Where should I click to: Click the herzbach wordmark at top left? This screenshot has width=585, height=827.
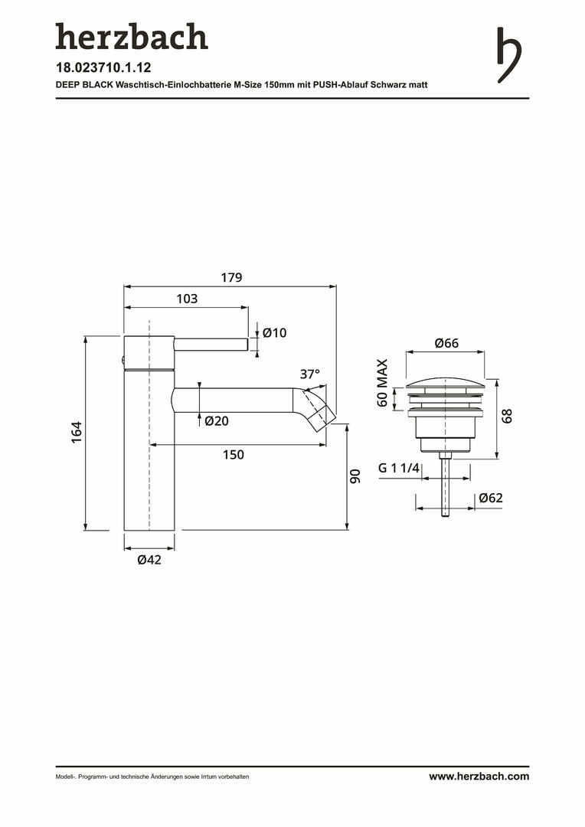[132, 37]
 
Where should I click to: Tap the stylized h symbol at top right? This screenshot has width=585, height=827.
[509, 55]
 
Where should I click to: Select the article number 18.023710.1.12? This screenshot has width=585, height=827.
[103, 67]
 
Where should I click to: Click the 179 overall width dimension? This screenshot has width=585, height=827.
[231, 277]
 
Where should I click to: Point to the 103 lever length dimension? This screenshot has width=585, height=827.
[187, 299]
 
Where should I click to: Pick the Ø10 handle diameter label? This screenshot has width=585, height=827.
[274, 333]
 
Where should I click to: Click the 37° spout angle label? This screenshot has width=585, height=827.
[310, 374]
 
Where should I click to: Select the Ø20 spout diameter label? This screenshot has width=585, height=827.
[217, 421]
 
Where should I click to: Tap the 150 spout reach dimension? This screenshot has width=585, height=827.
[233, 455]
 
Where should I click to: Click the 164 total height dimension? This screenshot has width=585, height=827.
[77, 432]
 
